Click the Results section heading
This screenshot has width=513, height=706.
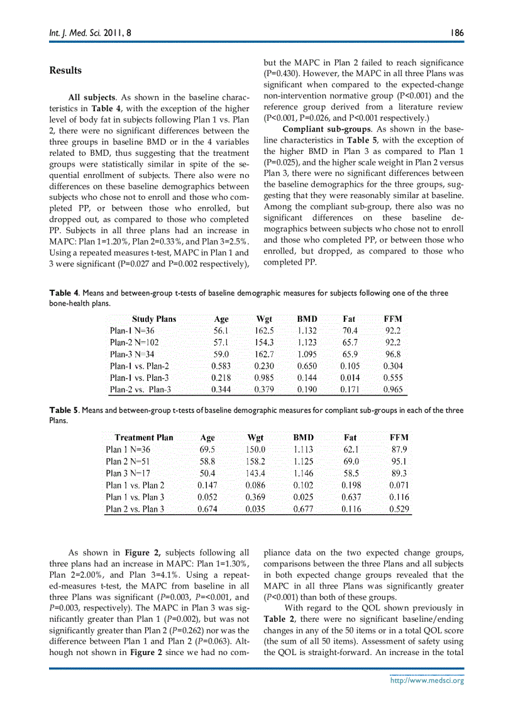(x=65, y=70)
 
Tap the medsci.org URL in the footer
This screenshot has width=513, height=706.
(x=427, y=680)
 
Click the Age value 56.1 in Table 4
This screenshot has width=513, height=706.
(x=221, y=331)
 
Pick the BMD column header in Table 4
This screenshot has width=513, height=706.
(x=307, y=319)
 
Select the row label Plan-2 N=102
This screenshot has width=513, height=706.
(x=134, y=343)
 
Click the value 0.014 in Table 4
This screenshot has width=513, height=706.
(x=350, y=378)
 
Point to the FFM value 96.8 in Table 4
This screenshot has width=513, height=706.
(x=392, y=355)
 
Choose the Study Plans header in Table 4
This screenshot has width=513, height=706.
(x=154, y=319)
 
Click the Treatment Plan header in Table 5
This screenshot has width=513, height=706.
(x=144, y=438)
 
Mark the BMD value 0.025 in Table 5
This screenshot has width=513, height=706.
(x=304, y=497)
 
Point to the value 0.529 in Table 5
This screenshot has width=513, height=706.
(x=399, y=509)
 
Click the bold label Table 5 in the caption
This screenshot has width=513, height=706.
(x=64, y=411)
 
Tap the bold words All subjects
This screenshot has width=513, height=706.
(x=91, y=98)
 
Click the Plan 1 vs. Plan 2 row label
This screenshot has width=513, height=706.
(x=135, y=485)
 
